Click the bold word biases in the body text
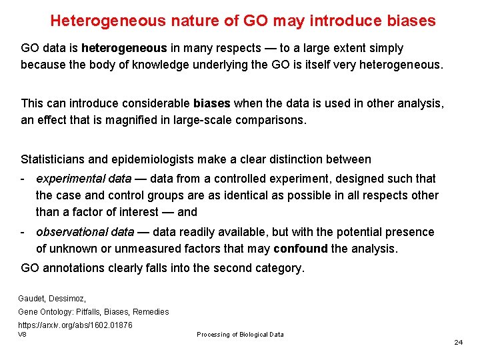click(x=211, y=103)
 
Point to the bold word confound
click(x=300, y=249)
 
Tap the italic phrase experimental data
click(x=84, y=179)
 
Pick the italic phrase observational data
click(x=85, y=232)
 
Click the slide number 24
click(x=458, y=342)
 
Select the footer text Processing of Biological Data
click(x=240, y=335)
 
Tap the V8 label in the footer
click(x=23, y=333)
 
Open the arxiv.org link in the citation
click(x=75, y=325)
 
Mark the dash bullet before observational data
click(x=23, y=232)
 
